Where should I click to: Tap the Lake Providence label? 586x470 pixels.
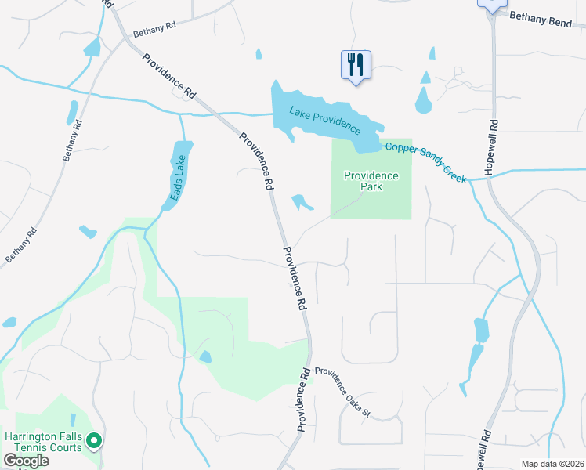[x=324, y=119]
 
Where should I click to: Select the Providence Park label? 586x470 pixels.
[x=371, y=182]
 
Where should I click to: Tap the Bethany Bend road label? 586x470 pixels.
[x=540, y=19]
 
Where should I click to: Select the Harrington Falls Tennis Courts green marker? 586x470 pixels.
[x=94, y=441]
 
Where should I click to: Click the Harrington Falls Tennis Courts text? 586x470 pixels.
[x=43, y=442]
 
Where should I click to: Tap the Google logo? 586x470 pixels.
[x=26, y=460]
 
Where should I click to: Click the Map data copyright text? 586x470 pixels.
[x=552, y=464]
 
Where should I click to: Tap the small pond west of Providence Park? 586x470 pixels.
[x=301, y=203]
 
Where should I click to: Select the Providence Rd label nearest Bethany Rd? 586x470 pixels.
[x=168, y=75]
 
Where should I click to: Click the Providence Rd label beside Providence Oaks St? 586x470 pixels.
[x=304, y=399]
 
